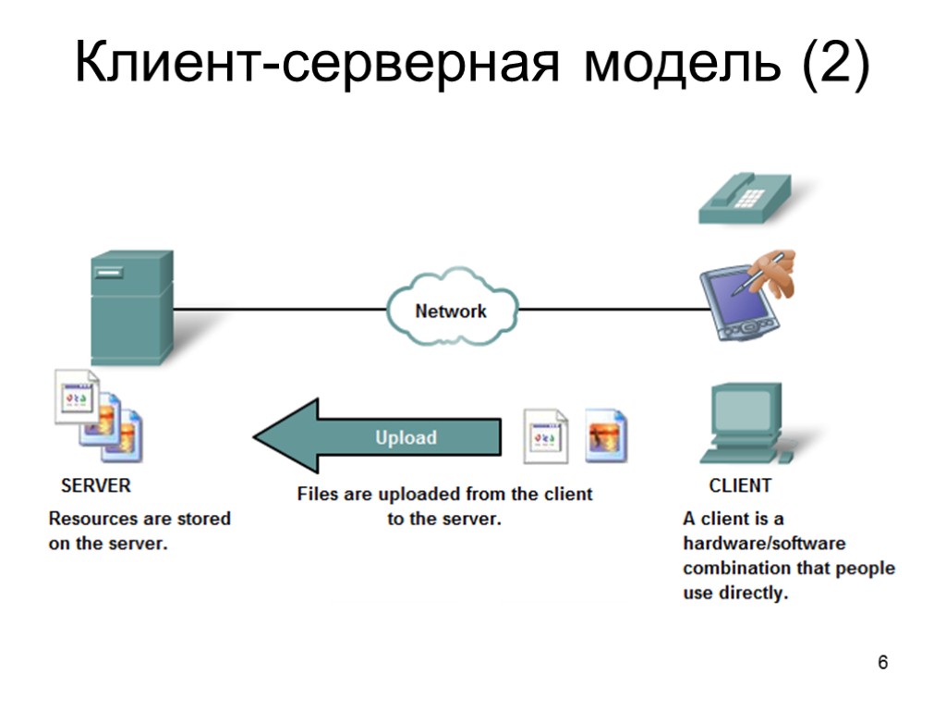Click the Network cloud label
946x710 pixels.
click(450, 311)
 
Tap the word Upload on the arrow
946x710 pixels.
click(406, 437)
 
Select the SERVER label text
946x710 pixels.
click(96, 484)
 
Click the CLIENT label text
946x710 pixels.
click(740, 484)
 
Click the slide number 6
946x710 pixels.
click(883, 663)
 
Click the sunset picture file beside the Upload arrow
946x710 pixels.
click(607, 435)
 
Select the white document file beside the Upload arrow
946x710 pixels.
click(545, 435)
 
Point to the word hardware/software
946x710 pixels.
click(764, 543)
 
